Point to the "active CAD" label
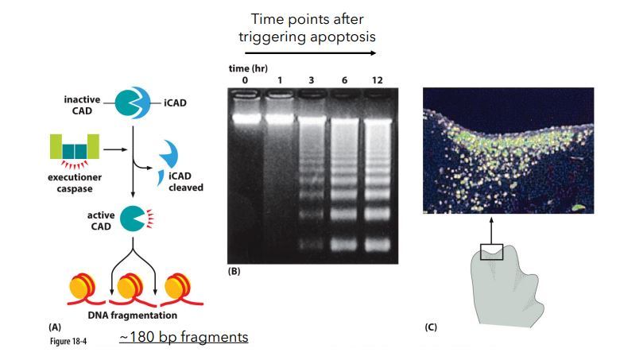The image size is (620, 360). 101,220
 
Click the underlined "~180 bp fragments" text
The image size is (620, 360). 184,338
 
